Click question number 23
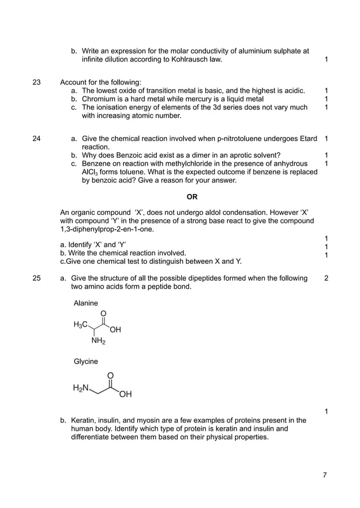pos(37,81)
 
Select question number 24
pos(37,138)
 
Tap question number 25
pos(37,278)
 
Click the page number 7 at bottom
pos(324,475)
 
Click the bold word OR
pos(192,197)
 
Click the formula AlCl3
pos(90,172)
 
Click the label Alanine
pos(86,303)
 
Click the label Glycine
pos(86,361)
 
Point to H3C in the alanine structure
pos(80,325)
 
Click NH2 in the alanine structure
pos(98,341)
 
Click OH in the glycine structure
pos(125,395)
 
